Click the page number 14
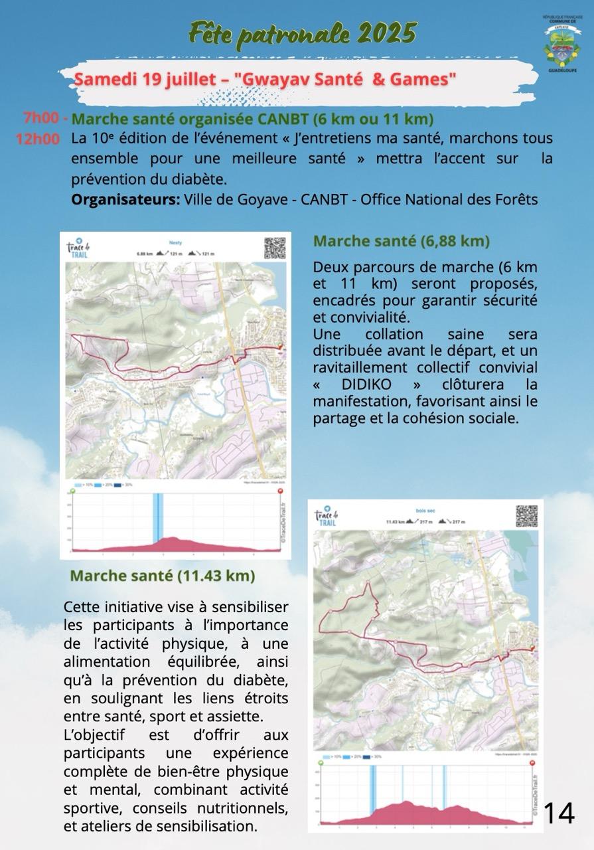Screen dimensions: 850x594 [x=559, y=813]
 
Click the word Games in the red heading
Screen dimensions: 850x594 [x=419, y=79]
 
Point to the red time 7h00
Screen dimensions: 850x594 [x=41, y=118]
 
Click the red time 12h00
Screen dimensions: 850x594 [x=37, y=140]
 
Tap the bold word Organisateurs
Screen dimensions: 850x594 [x=125, y=200]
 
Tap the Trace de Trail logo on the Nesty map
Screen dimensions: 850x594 [x=78, y=248]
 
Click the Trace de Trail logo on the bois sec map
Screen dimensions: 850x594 [x=326, y=516]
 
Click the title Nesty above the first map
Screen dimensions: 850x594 [x=175, y=243]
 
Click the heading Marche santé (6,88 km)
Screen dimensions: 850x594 [x=401, y=241]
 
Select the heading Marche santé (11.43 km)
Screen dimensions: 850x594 [x=163, y=575]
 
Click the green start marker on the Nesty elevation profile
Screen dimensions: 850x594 [x=72, y=491]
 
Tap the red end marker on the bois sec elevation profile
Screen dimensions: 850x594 [x=532, y=764]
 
